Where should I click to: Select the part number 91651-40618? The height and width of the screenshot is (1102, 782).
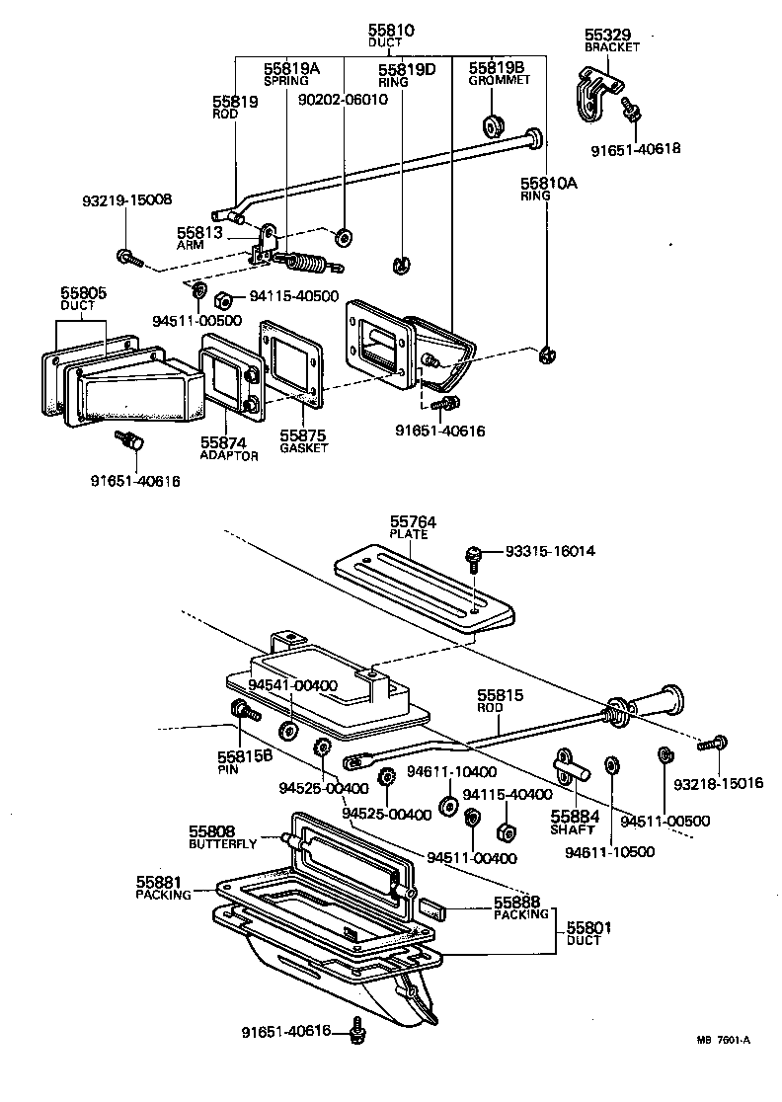tap(636, 149)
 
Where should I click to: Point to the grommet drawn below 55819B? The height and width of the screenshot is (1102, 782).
tap(491, 126)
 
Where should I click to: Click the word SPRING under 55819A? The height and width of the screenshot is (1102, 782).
tap(286, 81)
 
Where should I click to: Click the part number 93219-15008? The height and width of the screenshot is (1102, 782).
tap(126, 199)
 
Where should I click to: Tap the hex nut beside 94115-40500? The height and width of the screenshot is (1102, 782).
tap(224, 298)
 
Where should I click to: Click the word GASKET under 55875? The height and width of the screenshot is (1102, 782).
tap(302, 447)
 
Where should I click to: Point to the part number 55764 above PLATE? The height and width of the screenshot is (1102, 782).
tap(413, 522)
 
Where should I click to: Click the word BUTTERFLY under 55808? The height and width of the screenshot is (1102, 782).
tap(223, 844)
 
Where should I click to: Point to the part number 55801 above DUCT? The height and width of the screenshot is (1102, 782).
tap(589, 927)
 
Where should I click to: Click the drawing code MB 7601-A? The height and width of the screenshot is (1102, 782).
tap(724, 1040)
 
